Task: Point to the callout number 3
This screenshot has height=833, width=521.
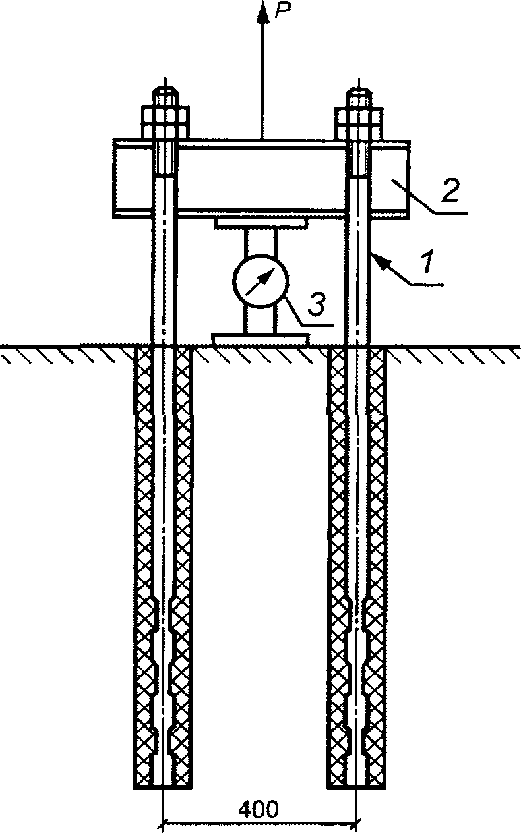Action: coord(317,305)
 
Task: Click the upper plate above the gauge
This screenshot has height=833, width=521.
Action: coord(260,225)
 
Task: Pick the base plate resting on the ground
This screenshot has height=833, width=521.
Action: coord(260,339)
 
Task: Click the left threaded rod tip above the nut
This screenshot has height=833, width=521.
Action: coord(166,95)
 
